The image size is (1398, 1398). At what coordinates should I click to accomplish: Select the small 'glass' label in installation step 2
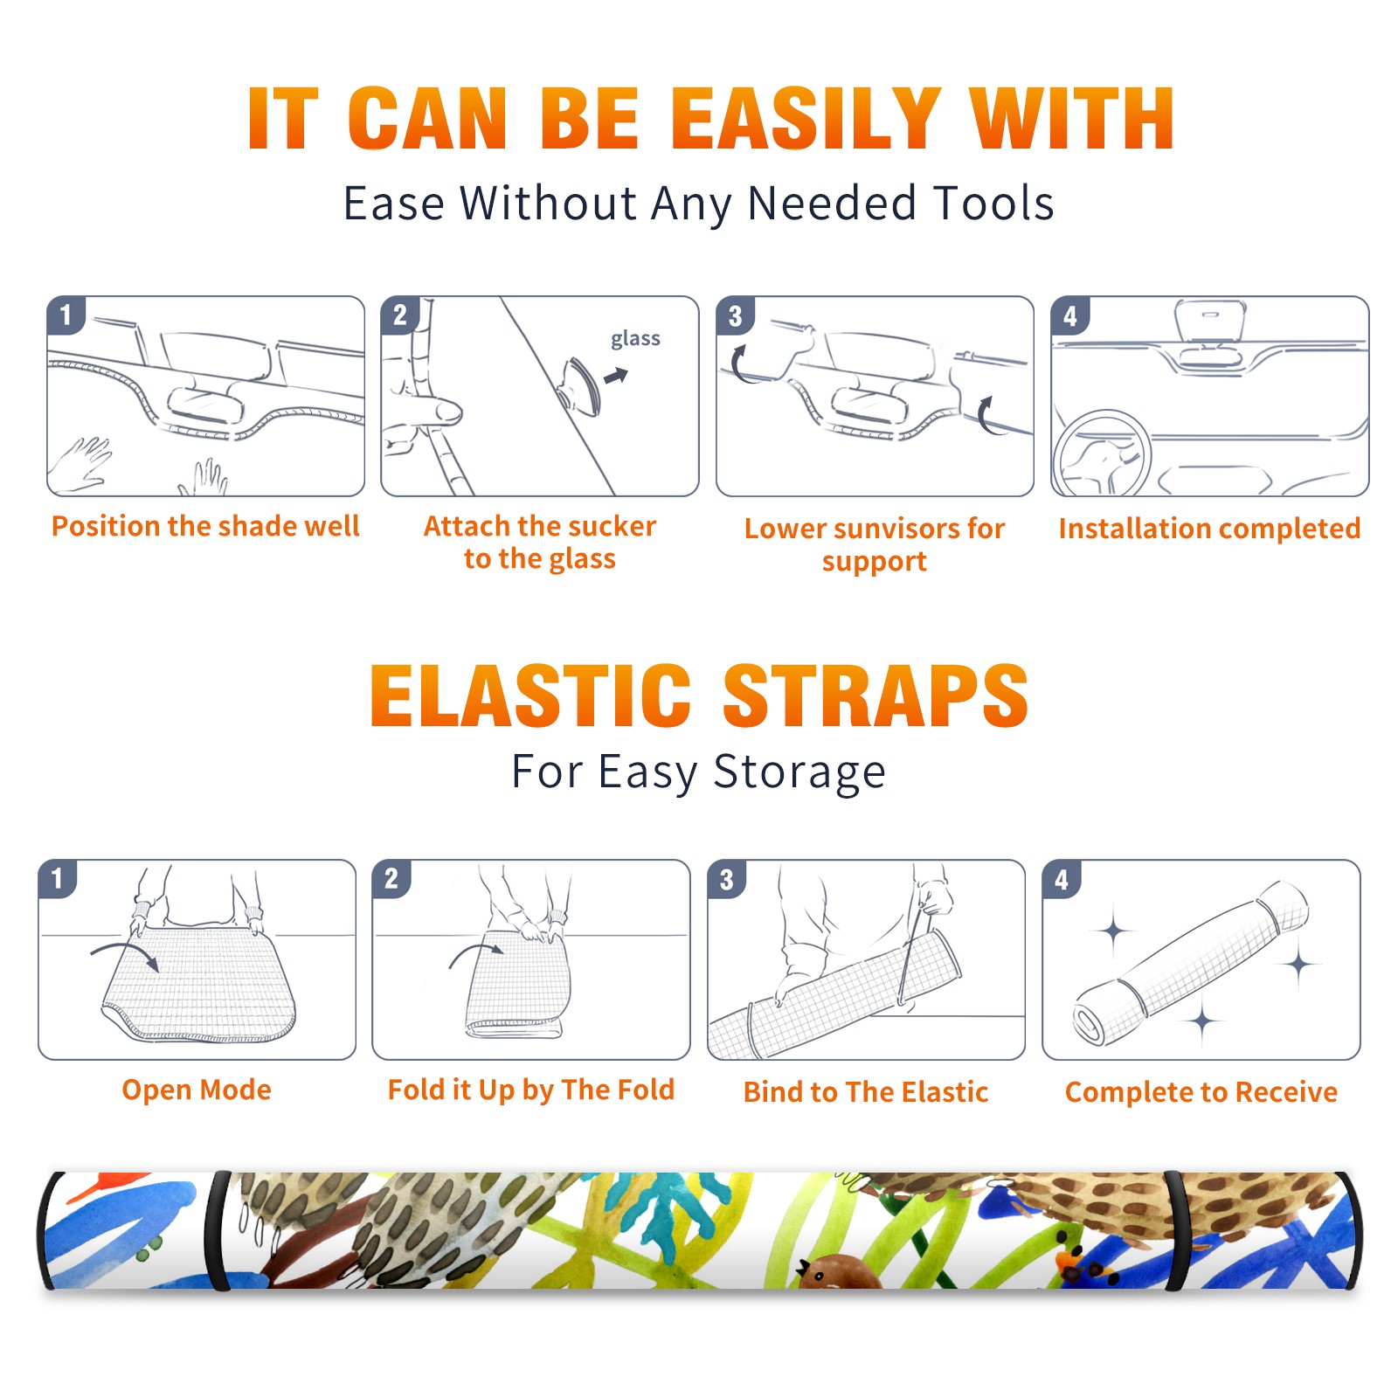(x=635, y=339)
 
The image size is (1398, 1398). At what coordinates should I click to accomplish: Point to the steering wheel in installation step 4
(x=1103, y=455)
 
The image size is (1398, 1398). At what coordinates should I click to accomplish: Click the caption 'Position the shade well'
(x=205, y=526)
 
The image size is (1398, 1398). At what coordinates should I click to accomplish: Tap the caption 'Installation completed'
(x=1209, y=529)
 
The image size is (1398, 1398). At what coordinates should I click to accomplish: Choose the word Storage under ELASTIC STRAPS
(x=799, y=773)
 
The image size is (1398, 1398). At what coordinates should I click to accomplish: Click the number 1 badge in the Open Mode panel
(x=58, y=878)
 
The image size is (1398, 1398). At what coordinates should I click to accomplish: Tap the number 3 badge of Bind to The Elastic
(x=727, y=879)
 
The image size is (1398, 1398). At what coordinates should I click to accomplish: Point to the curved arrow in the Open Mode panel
(x=126, y=953)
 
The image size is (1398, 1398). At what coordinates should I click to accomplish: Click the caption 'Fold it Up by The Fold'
(x=531, y=1090)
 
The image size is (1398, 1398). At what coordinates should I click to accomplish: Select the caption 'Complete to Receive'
(x=1201, y=1092)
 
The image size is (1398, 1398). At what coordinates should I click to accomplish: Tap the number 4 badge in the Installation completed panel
(x=1070, y=315)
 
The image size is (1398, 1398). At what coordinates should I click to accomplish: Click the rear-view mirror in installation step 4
(x=1209, y=322)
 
